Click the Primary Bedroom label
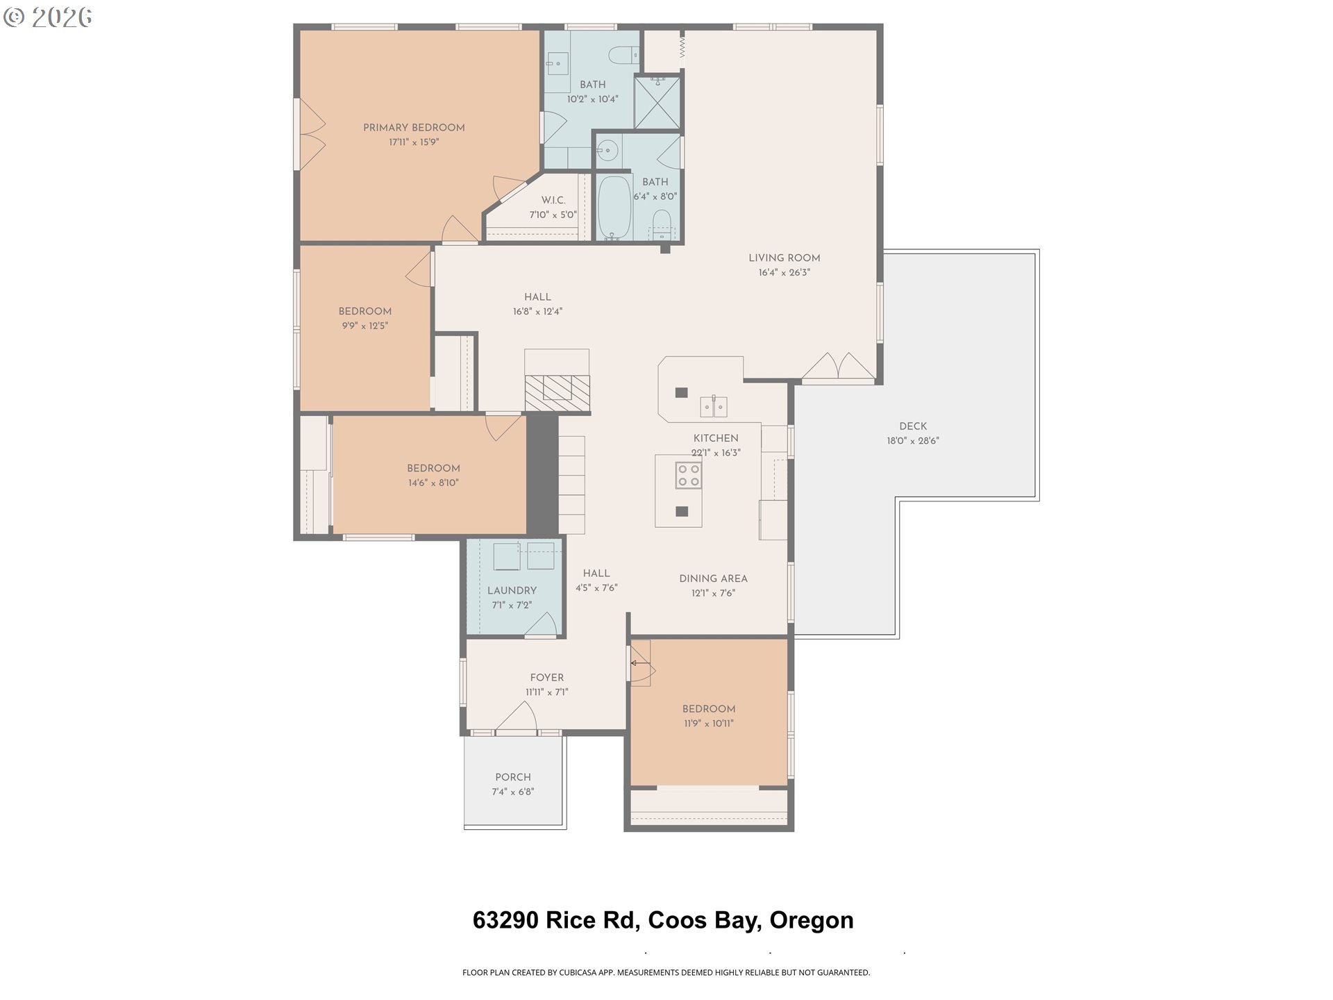(414, 128)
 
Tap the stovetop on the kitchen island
(689, 476)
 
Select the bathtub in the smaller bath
(614, 208)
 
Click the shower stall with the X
(657, 103)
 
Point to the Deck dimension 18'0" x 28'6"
(912, 441)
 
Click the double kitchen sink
(713, 406)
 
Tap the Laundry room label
(512, 591)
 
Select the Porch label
(512, 778)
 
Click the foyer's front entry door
(516, 719)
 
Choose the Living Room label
(784, 258)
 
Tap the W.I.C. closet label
(553, 201)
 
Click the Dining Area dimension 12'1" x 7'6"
(713, 594)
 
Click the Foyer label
(546, 678)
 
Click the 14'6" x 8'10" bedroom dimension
(433, 483)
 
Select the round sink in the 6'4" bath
(608, 150)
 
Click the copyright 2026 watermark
(47, 17)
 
